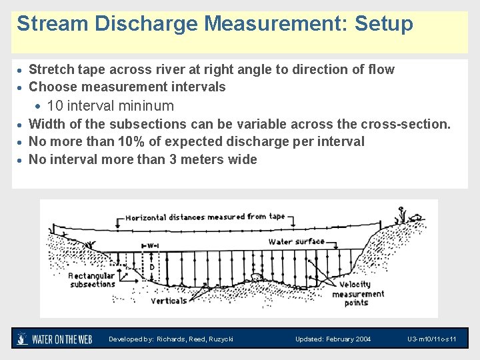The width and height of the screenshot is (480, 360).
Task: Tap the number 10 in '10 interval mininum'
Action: point(55,106)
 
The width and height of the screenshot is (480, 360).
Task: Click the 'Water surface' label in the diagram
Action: point(297,241)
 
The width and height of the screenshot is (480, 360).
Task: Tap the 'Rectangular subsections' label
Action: point(92,279)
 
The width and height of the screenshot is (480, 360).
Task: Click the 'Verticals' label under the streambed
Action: point(169,301)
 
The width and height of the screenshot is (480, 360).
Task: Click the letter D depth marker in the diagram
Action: point(152,267)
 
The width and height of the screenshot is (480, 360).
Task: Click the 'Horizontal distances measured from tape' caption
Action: point(205,217)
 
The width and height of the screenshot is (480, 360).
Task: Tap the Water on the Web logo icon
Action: point(22,339)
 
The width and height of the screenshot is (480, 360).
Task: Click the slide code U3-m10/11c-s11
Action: point(431,339)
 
